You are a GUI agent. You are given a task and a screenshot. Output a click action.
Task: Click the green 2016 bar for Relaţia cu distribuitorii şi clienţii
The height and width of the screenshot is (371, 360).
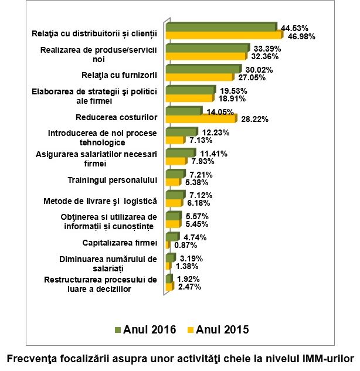(x=220, y=27)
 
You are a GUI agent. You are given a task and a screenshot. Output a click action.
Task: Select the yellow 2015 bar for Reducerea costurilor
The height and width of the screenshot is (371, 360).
(x=201, y=119)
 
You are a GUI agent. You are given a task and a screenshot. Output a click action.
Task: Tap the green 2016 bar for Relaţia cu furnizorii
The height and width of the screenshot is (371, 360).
(x=203, y=69)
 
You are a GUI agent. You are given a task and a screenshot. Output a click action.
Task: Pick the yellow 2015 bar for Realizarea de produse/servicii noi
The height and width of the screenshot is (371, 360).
(x=206, y=56)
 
